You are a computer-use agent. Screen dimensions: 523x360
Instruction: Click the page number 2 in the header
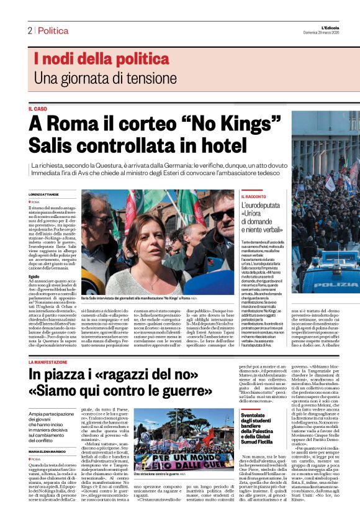29,30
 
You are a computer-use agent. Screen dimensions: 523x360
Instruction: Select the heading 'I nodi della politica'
101,60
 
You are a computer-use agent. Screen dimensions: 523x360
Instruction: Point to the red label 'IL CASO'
38,109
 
